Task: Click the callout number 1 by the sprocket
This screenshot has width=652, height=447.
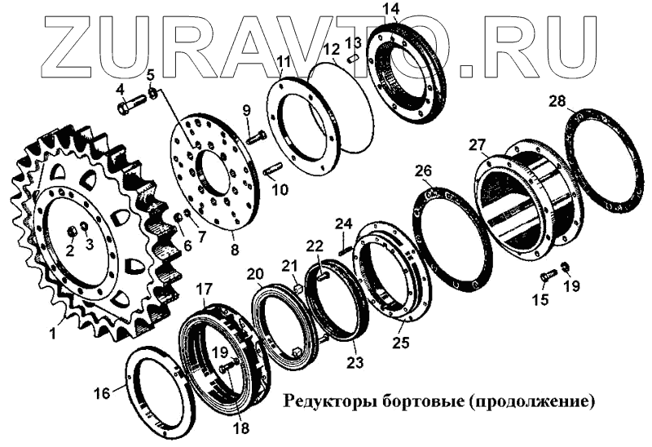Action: (x=53, y=334)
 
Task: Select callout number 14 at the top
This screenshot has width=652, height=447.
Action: (x=392, y=9)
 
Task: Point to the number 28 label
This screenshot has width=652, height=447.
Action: (x=557, y=100)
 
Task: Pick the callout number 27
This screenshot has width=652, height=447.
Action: (x=478, y=145)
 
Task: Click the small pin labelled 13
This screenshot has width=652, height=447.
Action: (x=353, y=58)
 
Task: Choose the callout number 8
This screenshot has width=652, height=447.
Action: (x=235, y=250)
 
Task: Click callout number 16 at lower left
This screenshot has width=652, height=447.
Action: (x=103, y=392)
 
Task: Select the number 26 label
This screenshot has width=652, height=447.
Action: (x=423, y=171)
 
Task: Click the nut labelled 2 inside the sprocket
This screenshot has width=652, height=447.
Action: (x=71, y=231)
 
